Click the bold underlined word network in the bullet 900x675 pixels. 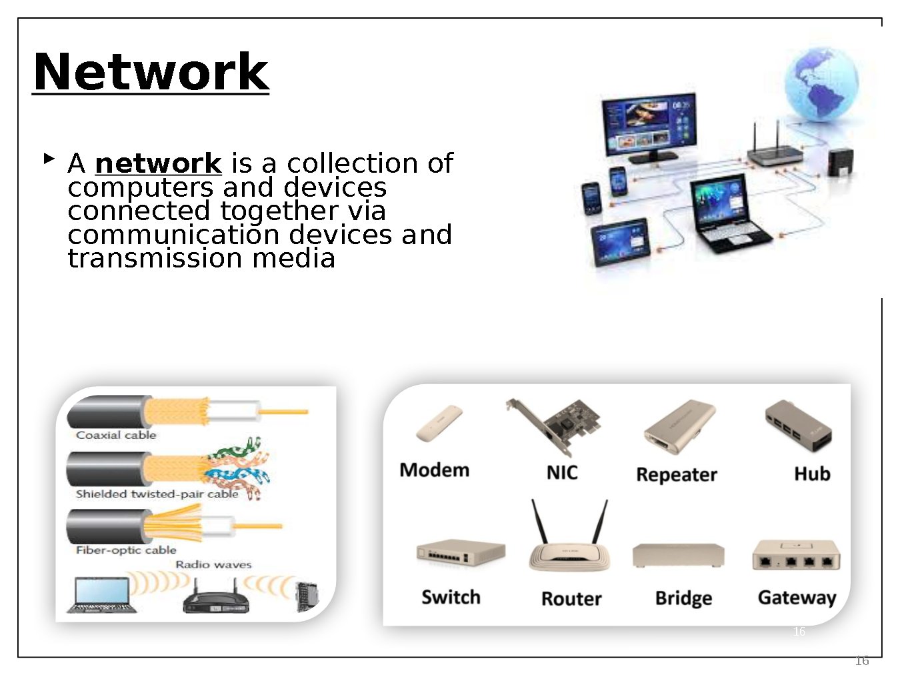pos(158,163)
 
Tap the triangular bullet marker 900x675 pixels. pos(49,159)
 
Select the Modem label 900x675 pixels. pos(434,470)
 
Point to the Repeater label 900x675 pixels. pos(676,474)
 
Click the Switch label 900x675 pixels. pos(451,597)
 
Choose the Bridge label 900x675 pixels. pos(683,598)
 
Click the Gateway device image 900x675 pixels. pos(796,555)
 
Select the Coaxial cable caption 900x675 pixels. pos(116,435)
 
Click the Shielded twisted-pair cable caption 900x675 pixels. pos(157,494)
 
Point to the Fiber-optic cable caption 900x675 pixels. pos(126,550)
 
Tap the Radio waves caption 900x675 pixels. pos(213,564)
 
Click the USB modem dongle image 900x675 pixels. pos(439,423)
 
